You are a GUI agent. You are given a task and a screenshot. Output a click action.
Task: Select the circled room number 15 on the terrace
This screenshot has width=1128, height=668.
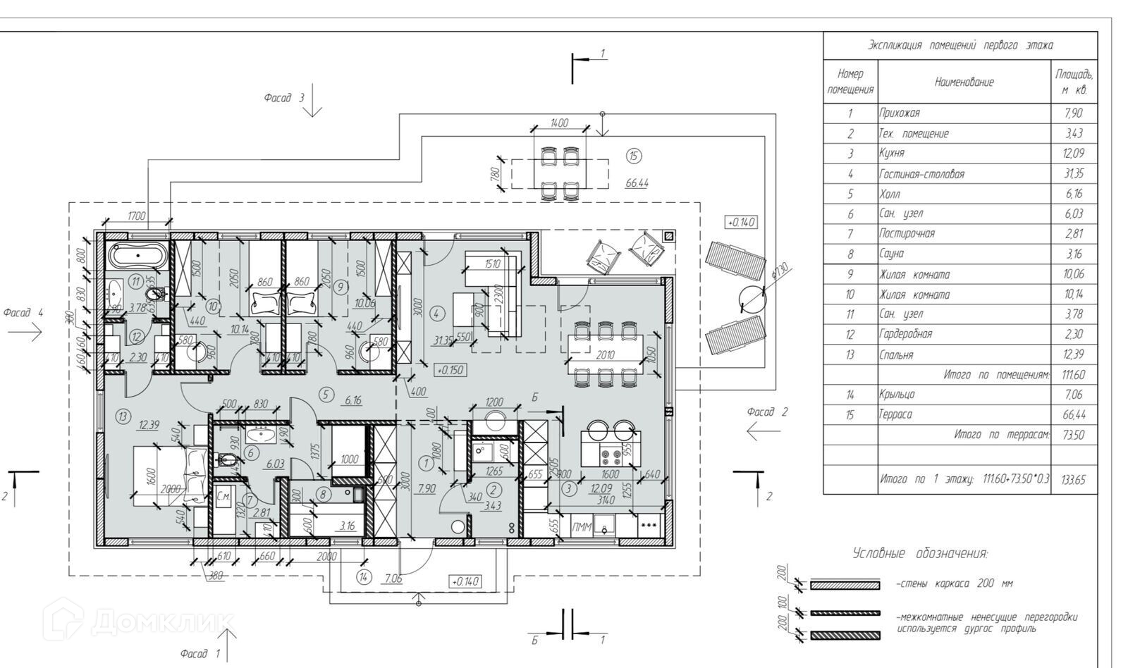(x=634, y=156)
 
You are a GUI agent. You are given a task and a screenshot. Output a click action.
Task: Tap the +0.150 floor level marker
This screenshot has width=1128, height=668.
(x=450, y=369)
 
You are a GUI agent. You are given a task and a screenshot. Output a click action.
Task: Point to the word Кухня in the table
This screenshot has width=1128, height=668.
(x=891, y=153)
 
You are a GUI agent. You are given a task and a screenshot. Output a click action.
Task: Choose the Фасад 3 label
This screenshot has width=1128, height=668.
(x=284, y=98)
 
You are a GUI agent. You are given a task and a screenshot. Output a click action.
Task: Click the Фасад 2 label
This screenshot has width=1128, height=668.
(x=767, y=412)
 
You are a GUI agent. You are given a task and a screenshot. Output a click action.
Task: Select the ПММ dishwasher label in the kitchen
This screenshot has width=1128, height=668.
(x=582, y=526)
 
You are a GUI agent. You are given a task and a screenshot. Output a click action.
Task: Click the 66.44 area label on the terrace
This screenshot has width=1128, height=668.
(x=637, y=183)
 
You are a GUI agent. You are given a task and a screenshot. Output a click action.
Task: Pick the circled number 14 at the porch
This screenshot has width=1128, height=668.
(x=364, y=578)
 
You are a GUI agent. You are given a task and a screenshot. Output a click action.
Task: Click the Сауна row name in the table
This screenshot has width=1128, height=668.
(x=890, y=254)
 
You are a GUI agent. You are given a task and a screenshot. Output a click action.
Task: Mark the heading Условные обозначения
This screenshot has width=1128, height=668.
(x=920, y=553)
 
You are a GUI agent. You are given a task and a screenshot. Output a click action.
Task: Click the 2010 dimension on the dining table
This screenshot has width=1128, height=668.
(x=606, y=354)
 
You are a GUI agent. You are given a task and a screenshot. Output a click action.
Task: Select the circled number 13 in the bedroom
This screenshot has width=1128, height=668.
(x=123, y=417)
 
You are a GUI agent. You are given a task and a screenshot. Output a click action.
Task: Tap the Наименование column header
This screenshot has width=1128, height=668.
(x=964, y=82)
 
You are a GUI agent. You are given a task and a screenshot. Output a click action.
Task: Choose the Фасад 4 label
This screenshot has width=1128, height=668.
(x=23, y=312)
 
